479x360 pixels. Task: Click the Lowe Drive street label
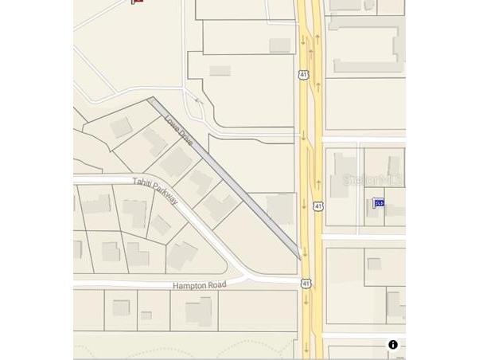pos(179,130)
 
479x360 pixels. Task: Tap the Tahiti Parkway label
pos(155,190)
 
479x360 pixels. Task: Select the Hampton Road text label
pos(199,285)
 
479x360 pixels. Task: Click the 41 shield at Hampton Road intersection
pos(306,284)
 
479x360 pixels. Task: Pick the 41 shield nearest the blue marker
pos(318,206)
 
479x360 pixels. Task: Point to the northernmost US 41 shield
pos(304,74)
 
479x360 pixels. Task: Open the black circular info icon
pos(393,345)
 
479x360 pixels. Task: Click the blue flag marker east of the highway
pos(379,203)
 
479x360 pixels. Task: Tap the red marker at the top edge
pos(137,2)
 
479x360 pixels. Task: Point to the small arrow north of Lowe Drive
pos(199,101)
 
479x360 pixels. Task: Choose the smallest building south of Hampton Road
pos(146,315)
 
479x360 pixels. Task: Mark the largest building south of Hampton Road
pos(199,310)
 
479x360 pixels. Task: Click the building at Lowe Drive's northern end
pos(121,127)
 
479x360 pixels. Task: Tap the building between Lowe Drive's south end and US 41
pos(280,209)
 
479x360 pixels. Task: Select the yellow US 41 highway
pos(310,159)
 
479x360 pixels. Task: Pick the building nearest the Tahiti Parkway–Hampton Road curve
pos(181,256)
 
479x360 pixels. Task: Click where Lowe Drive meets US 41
pos(300,256)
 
